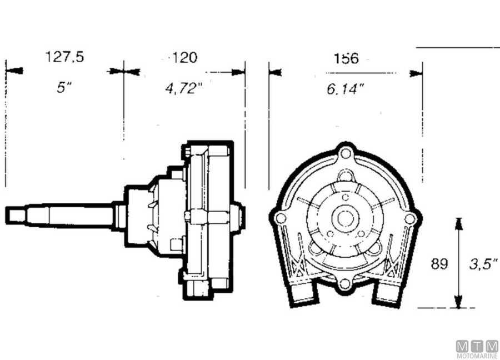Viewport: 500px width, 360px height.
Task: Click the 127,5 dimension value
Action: pyautogui.click(x=64, y=57)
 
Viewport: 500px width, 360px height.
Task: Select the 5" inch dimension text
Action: pyautogui.click(x=64, y=88)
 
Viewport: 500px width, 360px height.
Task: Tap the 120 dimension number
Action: pyautogui.click(x=184, y=57)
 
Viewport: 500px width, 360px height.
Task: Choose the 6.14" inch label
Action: pyautogui.click(x=345, y=88)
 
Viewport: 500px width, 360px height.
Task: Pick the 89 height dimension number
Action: pyautogui.click(x=439, y=263)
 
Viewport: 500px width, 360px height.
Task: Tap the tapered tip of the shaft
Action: pyautogui.click(x=16, y=214)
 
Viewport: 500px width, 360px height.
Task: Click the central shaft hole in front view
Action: pyautogui.click(x=346, y=217)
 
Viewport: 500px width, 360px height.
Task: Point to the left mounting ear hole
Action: pyautogui.click(x=281, y=218)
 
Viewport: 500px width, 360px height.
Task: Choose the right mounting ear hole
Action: pyautogui.click(x=409, y=219)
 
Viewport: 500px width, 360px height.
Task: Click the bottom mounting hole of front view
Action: pyautogui.click(x=345, y=283)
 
